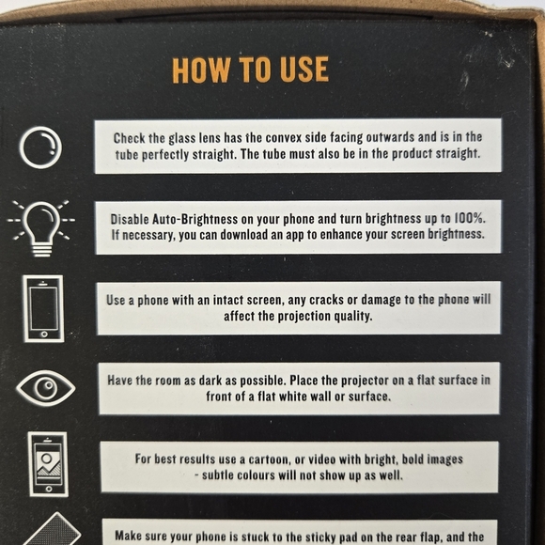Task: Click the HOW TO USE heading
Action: [x=250, y=70]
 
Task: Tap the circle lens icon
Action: [x=40, y=147]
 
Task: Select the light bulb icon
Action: [x=40, y=226]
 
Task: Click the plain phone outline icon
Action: [x=41, y=307]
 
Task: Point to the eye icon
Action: [x=40, y=387]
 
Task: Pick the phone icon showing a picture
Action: [x=47, y=462]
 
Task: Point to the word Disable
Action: [x=132, y=217]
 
